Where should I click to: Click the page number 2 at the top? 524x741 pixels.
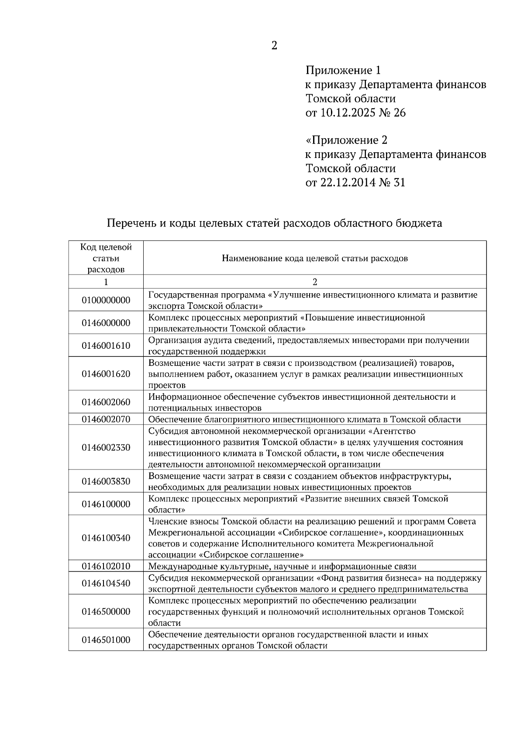pos(274,45)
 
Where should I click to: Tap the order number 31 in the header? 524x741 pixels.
pos(399,182)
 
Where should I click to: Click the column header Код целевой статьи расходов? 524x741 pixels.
pos(106,258)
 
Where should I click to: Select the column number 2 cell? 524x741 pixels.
pos(315,282)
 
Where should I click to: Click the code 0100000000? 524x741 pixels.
pos(106,300)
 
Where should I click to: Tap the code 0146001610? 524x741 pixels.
pos(106,346)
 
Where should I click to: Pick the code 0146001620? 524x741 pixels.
pos(106,374)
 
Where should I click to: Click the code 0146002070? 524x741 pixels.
pos(106,419)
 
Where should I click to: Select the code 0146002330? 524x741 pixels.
pos(106,447)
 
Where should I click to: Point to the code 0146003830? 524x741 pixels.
pos(106,481)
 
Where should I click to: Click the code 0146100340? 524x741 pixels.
pos(106,538)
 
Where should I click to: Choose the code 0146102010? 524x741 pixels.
pos(106,566)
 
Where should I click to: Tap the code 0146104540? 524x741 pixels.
pos(106,583)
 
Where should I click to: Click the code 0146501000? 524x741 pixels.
pos(106,640)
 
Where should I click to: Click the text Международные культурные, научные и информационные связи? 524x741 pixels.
pos(282,566)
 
